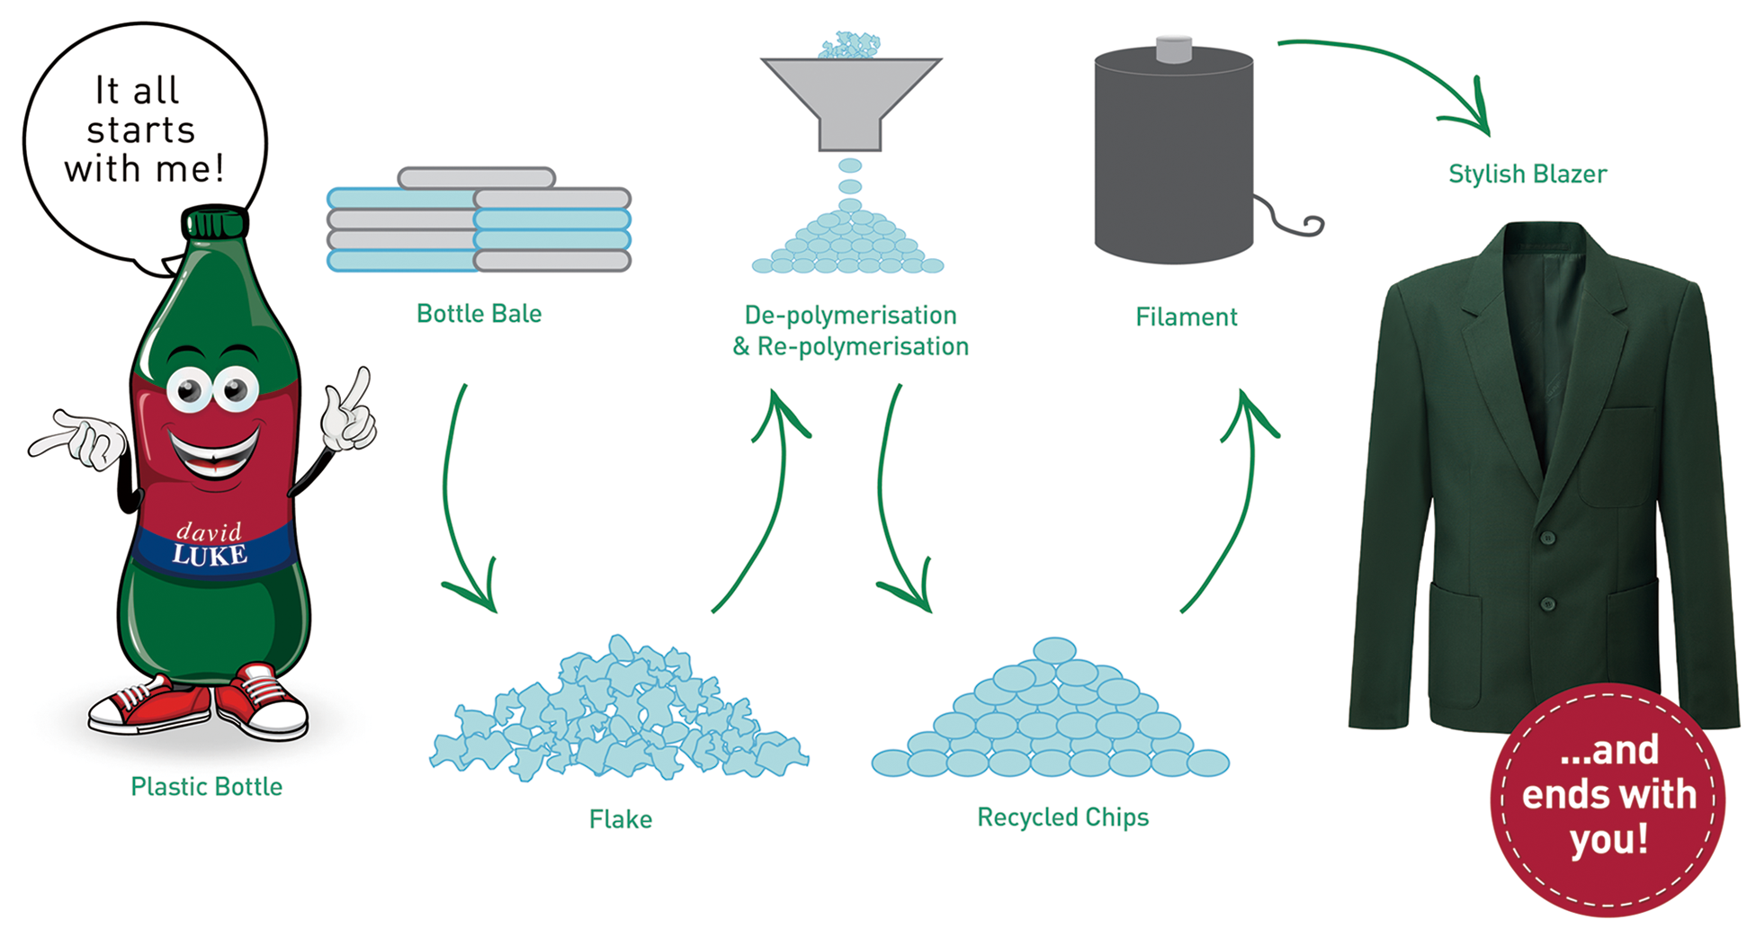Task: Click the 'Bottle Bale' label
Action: (479, 314)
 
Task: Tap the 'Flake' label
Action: (621, 819)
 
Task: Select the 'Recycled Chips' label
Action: (1062, 817)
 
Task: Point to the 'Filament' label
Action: (1186, 317)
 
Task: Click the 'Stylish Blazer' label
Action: (1527, 174)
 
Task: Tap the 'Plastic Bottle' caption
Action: (206, 787)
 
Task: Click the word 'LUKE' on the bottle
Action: (210, 556)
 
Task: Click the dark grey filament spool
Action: (1173, 153)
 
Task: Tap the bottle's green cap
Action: (214, 221)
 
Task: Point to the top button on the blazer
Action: (1547, 539)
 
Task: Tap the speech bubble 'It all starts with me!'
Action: (144, 130)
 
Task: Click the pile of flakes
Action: (619, 715)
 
